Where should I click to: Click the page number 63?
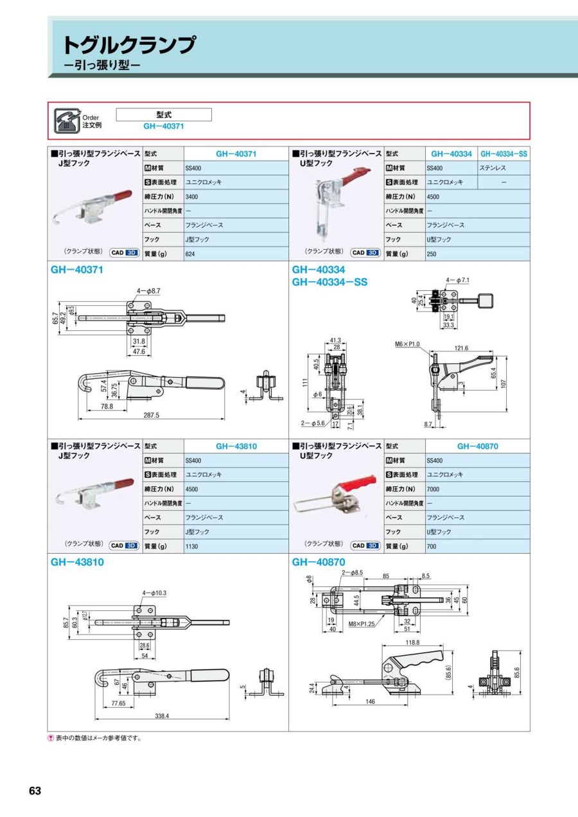coord(35,791)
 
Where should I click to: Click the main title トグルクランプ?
coord(128,45)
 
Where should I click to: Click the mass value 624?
coord(190,254)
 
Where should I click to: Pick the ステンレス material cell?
coord(493,168)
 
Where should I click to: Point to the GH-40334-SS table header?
coord(504,154)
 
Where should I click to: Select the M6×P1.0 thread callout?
coord(407,344)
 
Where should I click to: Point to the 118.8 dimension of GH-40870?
coord(412,642)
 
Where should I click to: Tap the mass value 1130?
coord(191,547)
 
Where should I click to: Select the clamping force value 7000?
coord(433,489)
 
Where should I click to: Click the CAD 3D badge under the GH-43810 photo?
coord(124,545)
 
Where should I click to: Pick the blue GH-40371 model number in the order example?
coord(163,127)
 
